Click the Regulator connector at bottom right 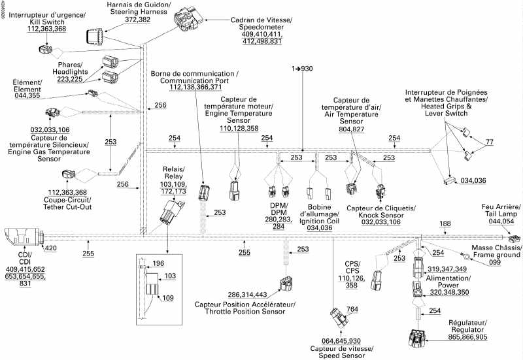417,338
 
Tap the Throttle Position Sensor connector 285,284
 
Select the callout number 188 445,224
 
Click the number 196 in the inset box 158,264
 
